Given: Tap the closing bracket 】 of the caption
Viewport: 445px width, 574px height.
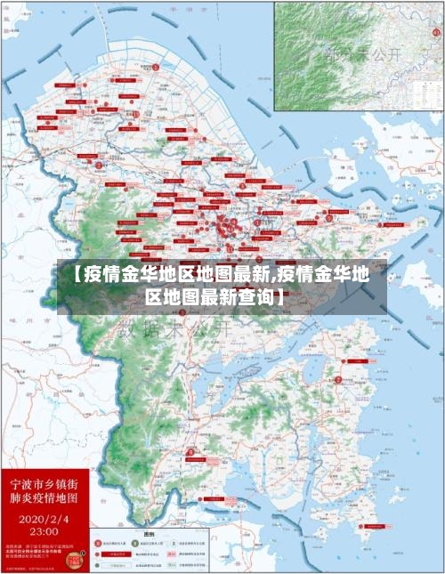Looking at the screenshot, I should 282,297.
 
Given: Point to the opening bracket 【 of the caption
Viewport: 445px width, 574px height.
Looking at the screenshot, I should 71,274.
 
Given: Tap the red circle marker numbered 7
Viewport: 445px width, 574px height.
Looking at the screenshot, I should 337,380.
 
